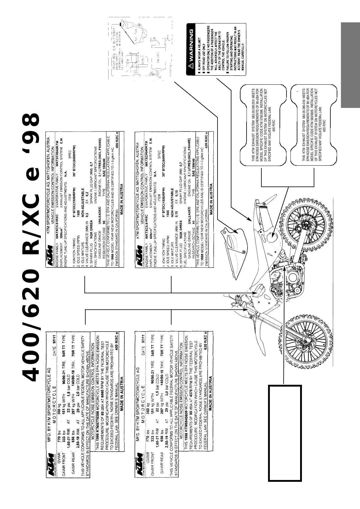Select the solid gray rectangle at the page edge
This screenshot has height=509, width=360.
350,65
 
